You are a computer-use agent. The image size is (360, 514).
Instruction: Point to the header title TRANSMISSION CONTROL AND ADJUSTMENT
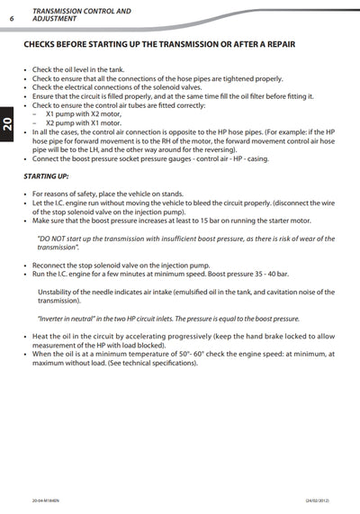pyautogui.click(x=80, y=14)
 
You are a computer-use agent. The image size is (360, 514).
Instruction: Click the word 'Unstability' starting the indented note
pyautogui.click(x=55, y=292)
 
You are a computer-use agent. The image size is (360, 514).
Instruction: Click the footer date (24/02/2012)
pyautogui.click(x=322, y=500)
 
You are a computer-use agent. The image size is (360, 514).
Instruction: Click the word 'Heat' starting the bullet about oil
pyautogui.click(x=40, y=336)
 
